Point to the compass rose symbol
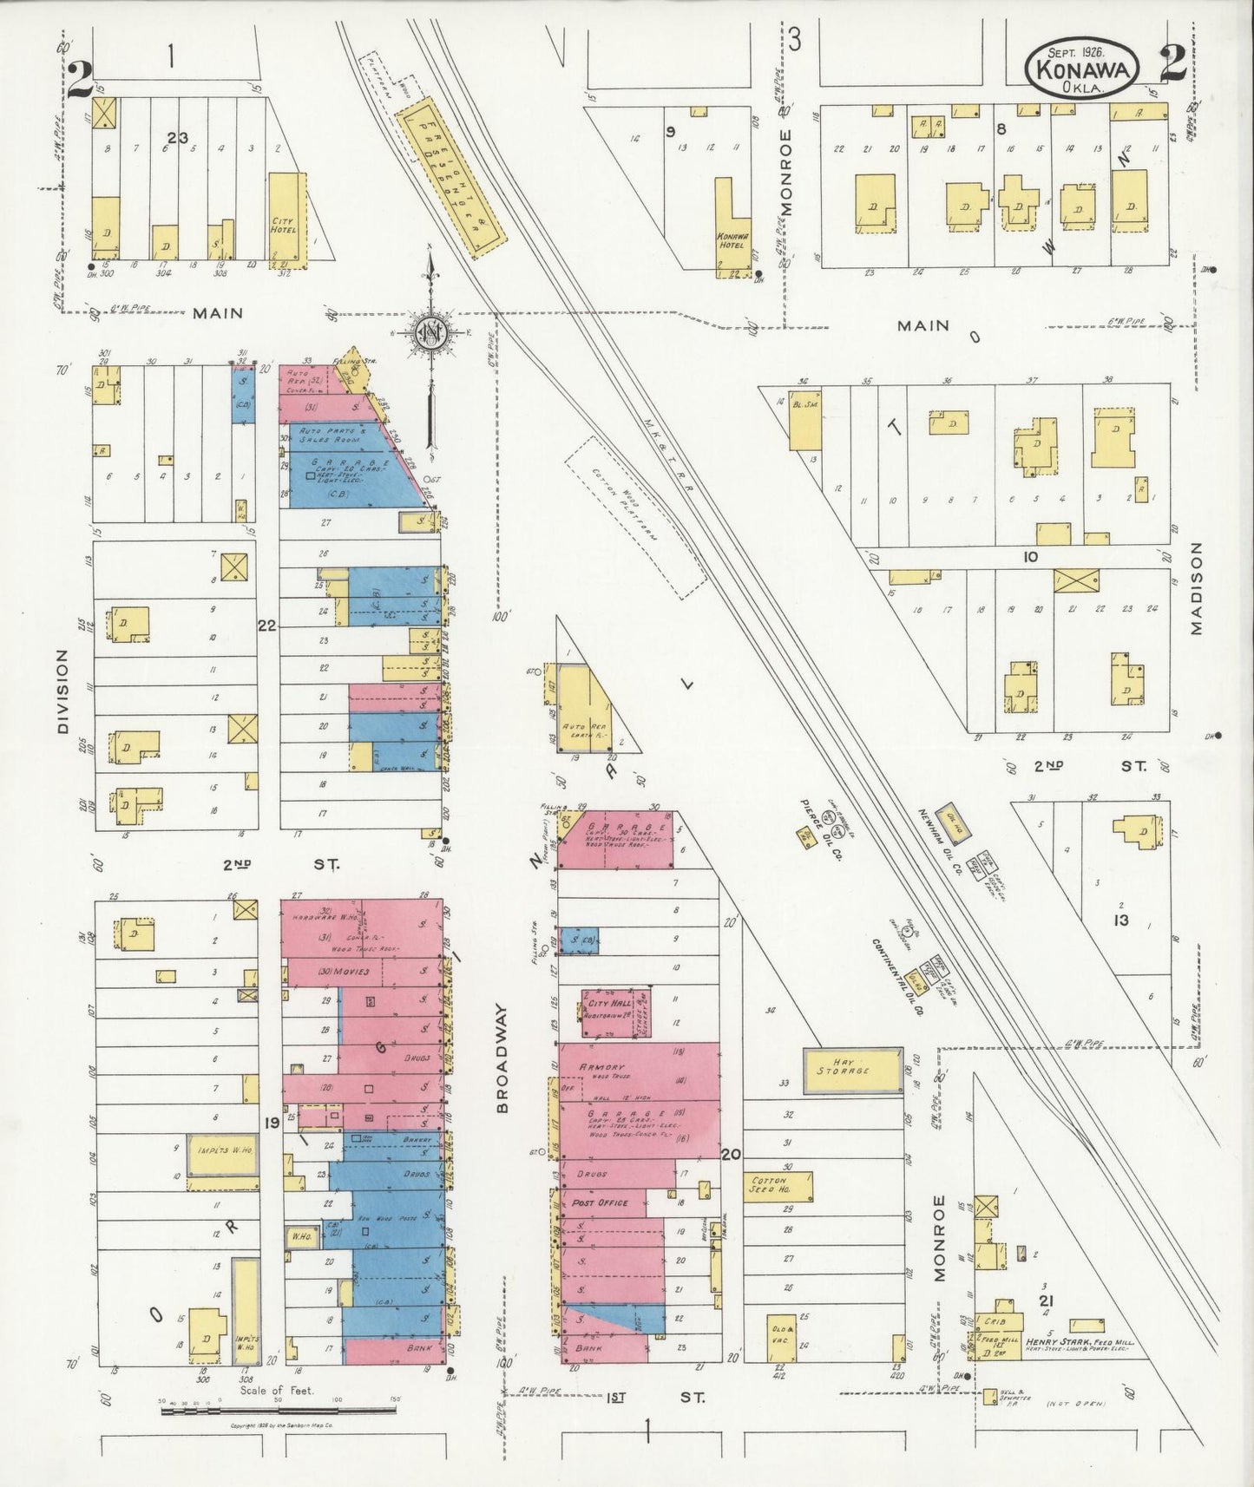point(430,331)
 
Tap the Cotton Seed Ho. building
point(778,1186)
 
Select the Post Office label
point(600,1203)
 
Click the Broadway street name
point(502,1058)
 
